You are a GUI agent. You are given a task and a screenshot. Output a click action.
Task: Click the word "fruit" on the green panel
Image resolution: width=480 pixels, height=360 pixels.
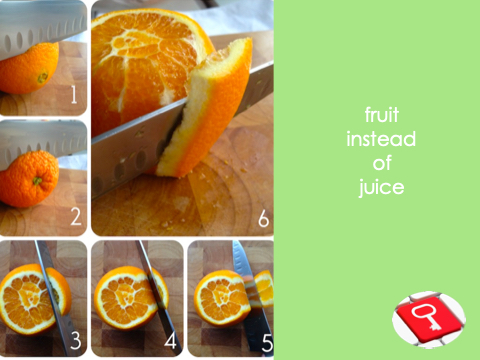[382, 115]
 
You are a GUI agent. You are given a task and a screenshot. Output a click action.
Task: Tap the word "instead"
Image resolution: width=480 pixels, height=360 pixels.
[381, 139]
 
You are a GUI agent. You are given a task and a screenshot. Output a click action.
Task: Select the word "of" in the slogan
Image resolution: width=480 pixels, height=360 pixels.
[382, 163]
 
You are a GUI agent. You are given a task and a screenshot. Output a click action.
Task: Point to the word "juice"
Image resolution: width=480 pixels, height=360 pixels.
[381, 188]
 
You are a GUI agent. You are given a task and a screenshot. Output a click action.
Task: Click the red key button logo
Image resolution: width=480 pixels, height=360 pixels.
[429, 319]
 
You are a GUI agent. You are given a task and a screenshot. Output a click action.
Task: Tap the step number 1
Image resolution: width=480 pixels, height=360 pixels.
[74, 94]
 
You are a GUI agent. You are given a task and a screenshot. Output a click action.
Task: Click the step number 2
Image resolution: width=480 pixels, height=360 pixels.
[76, 216]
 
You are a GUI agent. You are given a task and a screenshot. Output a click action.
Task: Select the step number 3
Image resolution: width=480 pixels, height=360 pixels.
[76, 340]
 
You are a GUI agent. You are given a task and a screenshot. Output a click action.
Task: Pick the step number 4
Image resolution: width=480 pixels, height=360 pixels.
[170, 340]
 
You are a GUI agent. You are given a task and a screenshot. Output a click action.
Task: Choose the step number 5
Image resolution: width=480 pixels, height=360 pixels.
[267, 342]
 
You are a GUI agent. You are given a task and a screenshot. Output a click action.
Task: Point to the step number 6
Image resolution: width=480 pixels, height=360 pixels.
[263, 219]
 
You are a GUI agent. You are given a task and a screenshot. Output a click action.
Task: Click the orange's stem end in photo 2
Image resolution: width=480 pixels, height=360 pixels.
[37, 181]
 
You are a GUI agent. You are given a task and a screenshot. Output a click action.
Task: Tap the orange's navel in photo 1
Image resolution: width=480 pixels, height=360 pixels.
[42, 78]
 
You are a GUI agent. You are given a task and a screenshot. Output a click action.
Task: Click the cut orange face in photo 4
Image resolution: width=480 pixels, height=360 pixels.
[124, 298]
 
